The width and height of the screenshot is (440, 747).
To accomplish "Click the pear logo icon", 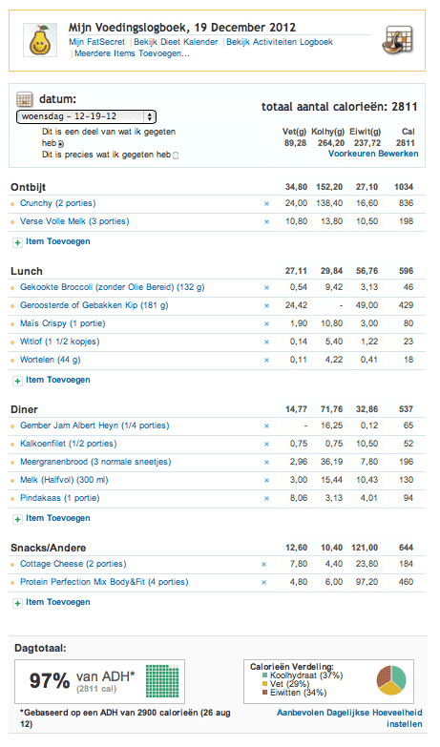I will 38,38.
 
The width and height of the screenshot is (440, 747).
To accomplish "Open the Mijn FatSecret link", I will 95,43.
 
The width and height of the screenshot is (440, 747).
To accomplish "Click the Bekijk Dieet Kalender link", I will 176,43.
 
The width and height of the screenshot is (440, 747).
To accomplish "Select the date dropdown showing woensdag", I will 86,115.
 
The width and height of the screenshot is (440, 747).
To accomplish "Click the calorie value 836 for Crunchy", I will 406,203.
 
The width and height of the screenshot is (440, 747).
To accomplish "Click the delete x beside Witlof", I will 266,341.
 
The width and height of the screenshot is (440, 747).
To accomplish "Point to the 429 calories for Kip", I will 406,305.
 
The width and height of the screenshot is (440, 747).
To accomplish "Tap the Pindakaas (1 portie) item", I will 62,497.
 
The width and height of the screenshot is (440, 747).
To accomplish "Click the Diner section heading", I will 26,408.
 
